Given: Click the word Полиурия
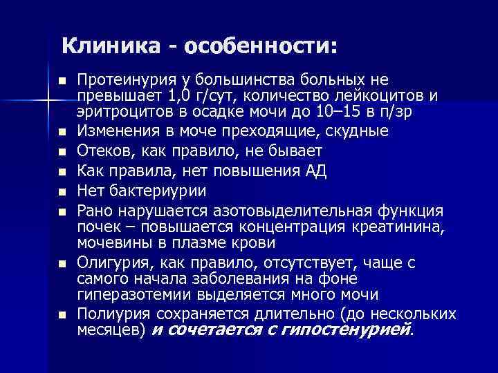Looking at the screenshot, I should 110,314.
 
